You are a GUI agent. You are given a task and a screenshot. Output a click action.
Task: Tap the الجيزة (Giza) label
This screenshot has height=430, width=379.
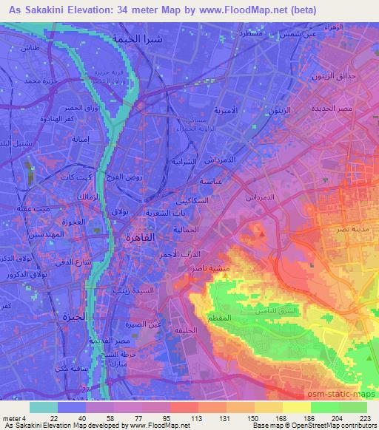point(94,316)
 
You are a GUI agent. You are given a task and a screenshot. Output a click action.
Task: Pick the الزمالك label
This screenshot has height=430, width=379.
point(86,197)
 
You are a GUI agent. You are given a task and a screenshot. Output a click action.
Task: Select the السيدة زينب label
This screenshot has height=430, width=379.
point(136,290)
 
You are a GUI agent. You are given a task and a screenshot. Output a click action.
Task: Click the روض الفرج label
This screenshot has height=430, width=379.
point(146,177)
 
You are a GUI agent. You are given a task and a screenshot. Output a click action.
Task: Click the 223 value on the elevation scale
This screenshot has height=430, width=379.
point(365,417)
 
